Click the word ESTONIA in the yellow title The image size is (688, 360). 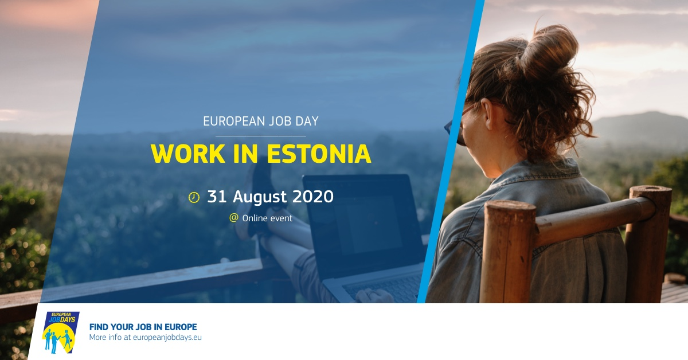[x=319, y=154]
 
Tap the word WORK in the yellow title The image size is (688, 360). [x=187, y=154]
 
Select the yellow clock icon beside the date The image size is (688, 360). [x=194, y=198]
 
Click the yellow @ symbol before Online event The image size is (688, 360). [x=234, y=218]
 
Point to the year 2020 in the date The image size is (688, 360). [x=312, y=197]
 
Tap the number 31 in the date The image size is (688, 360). [x=217, y=197]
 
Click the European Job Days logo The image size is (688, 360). [x=61, y=332]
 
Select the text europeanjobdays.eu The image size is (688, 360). [x=167, y=337]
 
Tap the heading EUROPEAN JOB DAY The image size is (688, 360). [x=261, y=122]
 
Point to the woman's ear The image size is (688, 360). [x=487, y=113]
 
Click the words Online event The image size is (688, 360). [x=267, y=218]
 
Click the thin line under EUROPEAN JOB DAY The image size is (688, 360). [x=261, y=135]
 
